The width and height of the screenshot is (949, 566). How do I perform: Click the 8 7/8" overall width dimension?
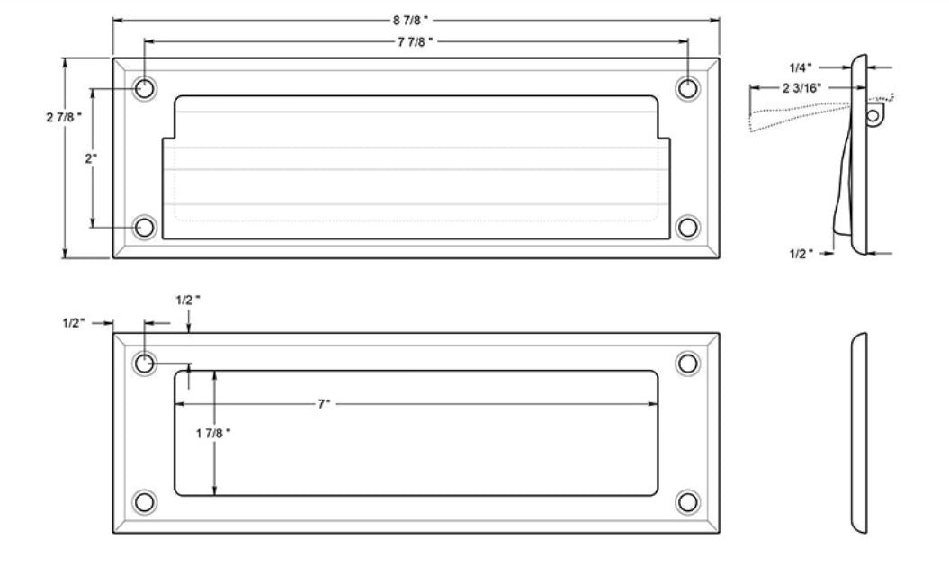click(413, 20)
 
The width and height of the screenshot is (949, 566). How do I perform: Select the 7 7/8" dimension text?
click(416, 41)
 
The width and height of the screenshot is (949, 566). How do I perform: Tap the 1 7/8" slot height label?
click(213, 433)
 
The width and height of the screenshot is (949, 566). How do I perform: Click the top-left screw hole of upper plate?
click(144, 88)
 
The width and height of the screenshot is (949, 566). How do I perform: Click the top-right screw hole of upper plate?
click(688, 88)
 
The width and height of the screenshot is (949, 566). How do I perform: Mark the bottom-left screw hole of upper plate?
click(144, 227)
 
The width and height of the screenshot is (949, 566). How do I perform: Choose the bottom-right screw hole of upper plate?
click(688, 227)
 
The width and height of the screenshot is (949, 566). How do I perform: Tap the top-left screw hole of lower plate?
click(144, 364)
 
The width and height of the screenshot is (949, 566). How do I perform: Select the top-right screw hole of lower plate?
click(688, 364)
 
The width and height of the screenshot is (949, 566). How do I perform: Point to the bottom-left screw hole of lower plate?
click(144, 501)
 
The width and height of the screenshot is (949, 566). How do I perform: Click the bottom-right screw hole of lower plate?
click(688, 501)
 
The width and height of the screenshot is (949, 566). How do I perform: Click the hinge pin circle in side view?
click(872, 115)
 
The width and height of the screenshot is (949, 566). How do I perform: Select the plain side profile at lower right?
click(859, 433)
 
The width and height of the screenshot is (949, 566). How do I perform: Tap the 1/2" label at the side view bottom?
click(799, 255)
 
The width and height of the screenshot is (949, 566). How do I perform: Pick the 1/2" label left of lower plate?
click(76, 323)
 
